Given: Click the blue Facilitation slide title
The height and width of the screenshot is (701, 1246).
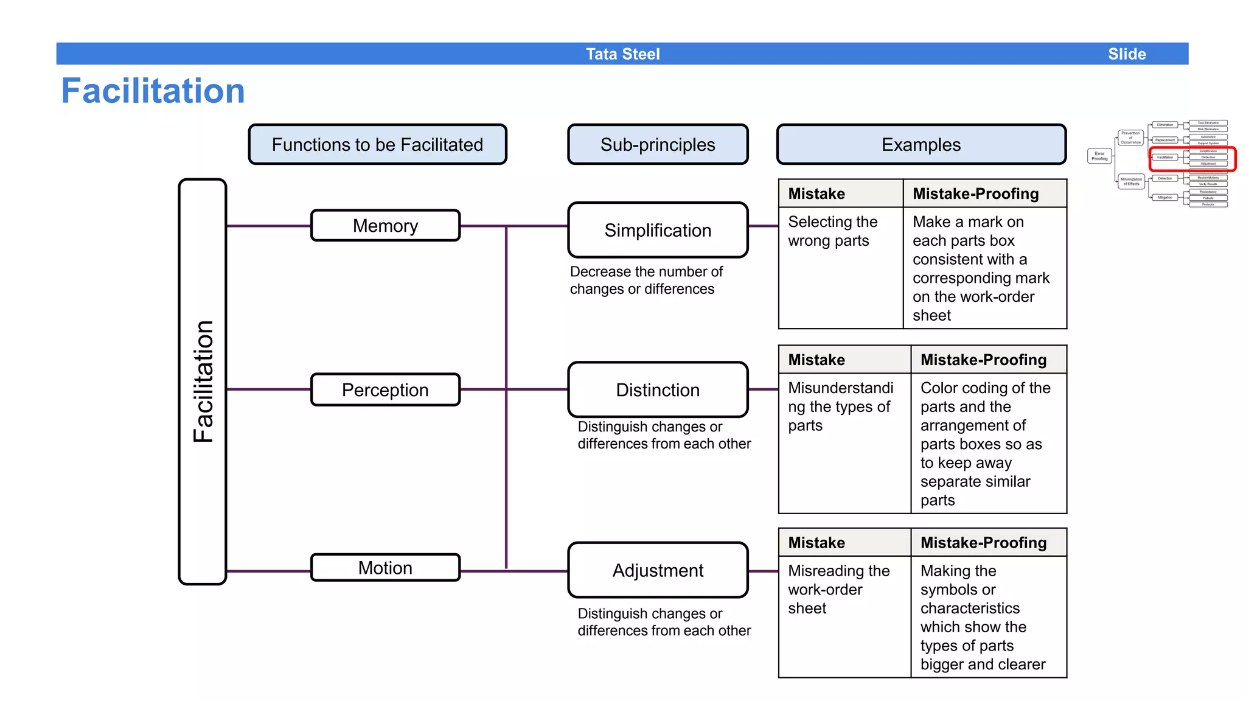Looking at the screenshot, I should click(x=153, y=91).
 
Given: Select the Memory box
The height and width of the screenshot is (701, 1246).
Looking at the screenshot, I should click(x=385, y=226).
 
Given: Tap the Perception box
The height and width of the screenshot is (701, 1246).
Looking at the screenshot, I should click(x=385, y=389).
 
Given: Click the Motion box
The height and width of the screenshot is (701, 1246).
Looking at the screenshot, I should click(x=385, y=568).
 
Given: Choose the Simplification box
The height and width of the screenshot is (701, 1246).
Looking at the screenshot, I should click(x=658, y=230).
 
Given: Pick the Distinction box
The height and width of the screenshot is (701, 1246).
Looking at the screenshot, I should click(x=658, y=389).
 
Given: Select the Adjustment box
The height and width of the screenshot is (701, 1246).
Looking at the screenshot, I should click(x=658, y=570).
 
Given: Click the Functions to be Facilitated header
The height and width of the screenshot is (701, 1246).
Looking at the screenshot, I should click(x=377, y=144).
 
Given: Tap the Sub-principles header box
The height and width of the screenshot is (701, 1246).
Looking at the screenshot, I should click(x=658, y=144).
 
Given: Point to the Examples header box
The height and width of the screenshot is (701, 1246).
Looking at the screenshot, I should click(x=921, y=144).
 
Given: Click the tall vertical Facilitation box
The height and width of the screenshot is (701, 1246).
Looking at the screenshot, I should click(x=203, y=382).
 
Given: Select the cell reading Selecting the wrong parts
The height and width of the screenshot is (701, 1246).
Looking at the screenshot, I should click(x=840, y=268).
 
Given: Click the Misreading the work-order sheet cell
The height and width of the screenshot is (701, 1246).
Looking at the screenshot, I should click(x=844, y=616).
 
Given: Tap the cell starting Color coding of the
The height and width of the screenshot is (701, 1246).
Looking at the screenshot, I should click(x=988, y=443).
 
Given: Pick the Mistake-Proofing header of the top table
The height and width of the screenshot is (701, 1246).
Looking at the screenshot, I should click(x=984, y=194).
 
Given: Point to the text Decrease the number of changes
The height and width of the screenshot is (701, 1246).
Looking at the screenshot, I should click(x=646, y=280).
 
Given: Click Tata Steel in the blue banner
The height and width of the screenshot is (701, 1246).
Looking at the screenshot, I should click(x=622, y=54).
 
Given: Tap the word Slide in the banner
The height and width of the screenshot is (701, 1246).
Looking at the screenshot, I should click(x=1127, y=54).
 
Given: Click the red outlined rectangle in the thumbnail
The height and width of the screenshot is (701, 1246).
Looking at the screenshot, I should click(x=1192, y=159).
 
